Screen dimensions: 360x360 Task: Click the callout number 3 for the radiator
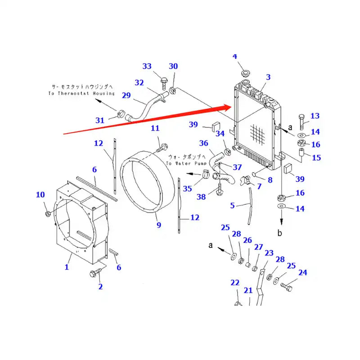click(x=268, y=77)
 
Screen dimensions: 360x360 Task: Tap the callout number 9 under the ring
click(x=158, y=225)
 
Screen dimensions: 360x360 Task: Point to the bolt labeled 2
click(x=96, y=273)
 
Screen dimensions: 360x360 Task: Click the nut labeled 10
click(x=48, y=212)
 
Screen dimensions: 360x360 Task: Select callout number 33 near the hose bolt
click(x=147, y=67)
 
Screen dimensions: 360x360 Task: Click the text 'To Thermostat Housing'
click(x=81, y=93)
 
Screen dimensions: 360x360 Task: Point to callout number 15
click(x=316, y=157)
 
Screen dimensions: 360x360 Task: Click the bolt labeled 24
click(x=287, y=285)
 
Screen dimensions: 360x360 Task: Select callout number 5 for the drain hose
click(x=233, y=205)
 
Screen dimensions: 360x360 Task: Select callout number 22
click(x=235, y=283)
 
